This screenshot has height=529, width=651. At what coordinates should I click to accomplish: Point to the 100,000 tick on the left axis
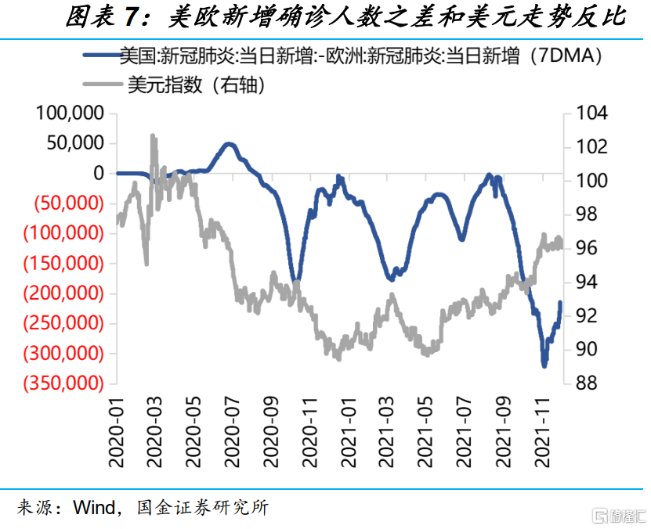71,113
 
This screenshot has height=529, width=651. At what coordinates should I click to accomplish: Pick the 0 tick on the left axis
98,173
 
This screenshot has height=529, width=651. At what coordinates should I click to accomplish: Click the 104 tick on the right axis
592,113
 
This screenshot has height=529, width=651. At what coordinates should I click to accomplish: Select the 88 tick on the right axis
588,383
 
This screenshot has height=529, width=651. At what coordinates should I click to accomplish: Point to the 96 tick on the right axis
588,248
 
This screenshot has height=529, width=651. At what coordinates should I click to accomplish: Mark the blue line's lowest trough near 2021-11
544,365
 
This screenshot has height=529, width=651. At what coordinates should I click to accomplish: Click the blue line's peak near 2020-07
229,144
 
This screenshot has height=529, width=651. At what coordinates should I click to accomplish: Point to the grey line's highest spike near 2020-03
152,135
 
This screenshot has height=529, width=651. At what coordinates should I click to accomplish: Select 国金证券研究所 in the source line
202,508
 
